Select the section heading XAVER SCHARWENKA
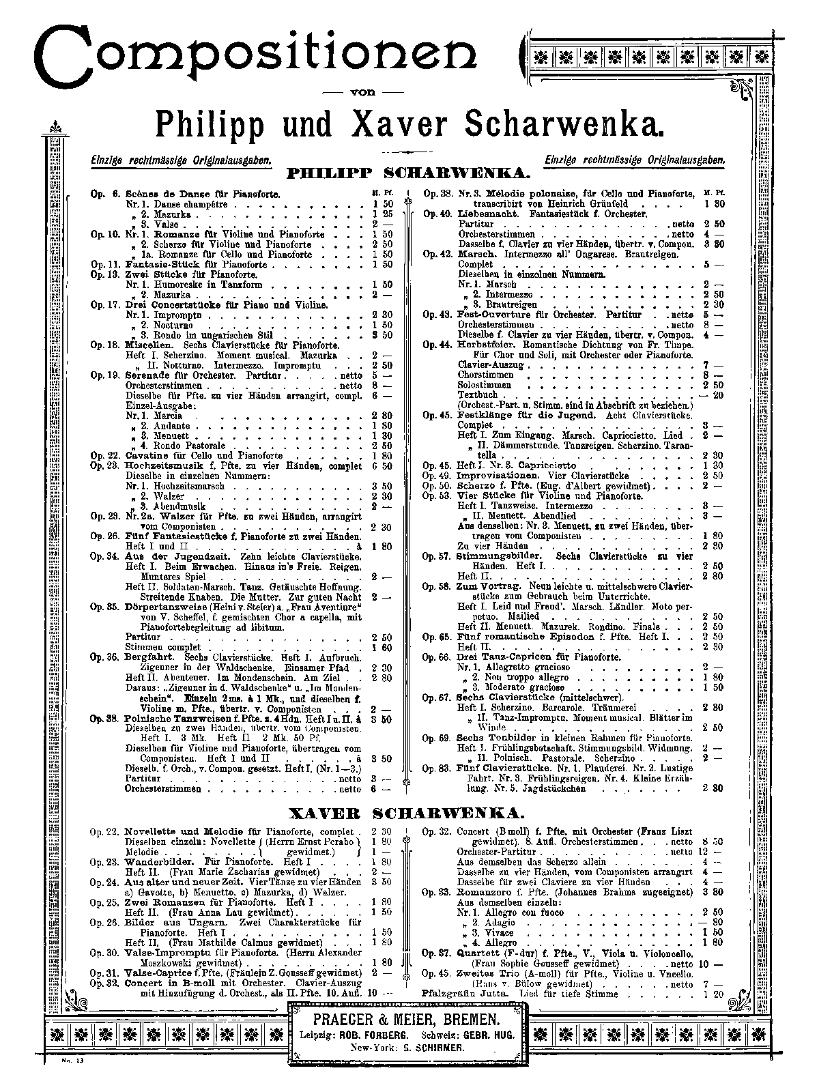[x=407, y=814]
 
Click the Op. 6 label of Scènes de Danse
[x=104, y=195]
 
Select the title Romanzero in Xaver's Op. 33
[x=485, y=891]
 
